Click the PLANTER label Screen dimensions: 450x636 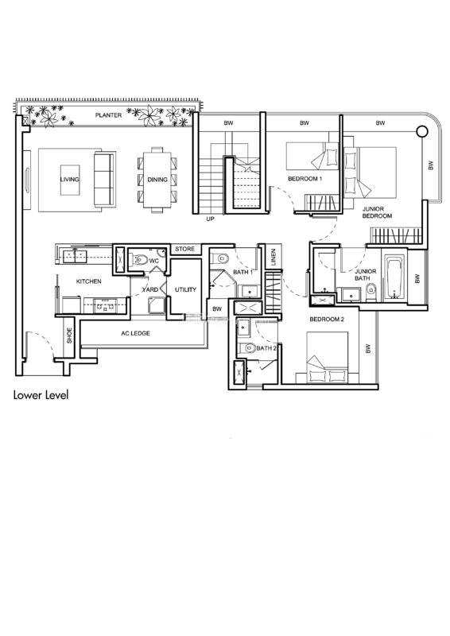click(108, 115)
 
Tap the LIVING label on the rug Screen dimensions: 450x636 click(70, 180)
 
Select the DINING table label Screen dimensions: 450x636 click(157, 180)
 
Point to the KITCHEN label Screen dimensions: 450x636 click(89, 281)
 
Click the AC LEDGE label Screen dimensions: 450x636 click(135, 333)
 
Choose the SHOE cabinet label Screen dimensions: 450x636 click(69, 335)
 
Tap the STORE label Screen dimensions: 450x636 click(185, 249)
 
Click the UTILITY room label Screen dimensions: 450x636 click(185, 289)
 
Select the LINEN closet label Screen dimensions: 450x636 click(273, 257)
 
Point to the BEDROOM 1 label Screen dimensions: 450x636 click(305, 178)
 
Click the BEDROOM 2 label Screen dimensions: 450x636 click(327, 320)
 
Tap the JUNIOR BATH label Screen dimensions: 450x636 click(365, 274)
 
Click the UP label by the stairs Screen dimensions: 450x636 click(210, 219)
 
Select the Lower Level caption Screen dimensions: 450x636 click(41, 395)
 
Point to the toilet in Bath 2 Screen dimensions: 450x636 click(246, 348)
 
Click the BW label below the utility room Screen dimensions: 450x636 click(218, 309)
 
